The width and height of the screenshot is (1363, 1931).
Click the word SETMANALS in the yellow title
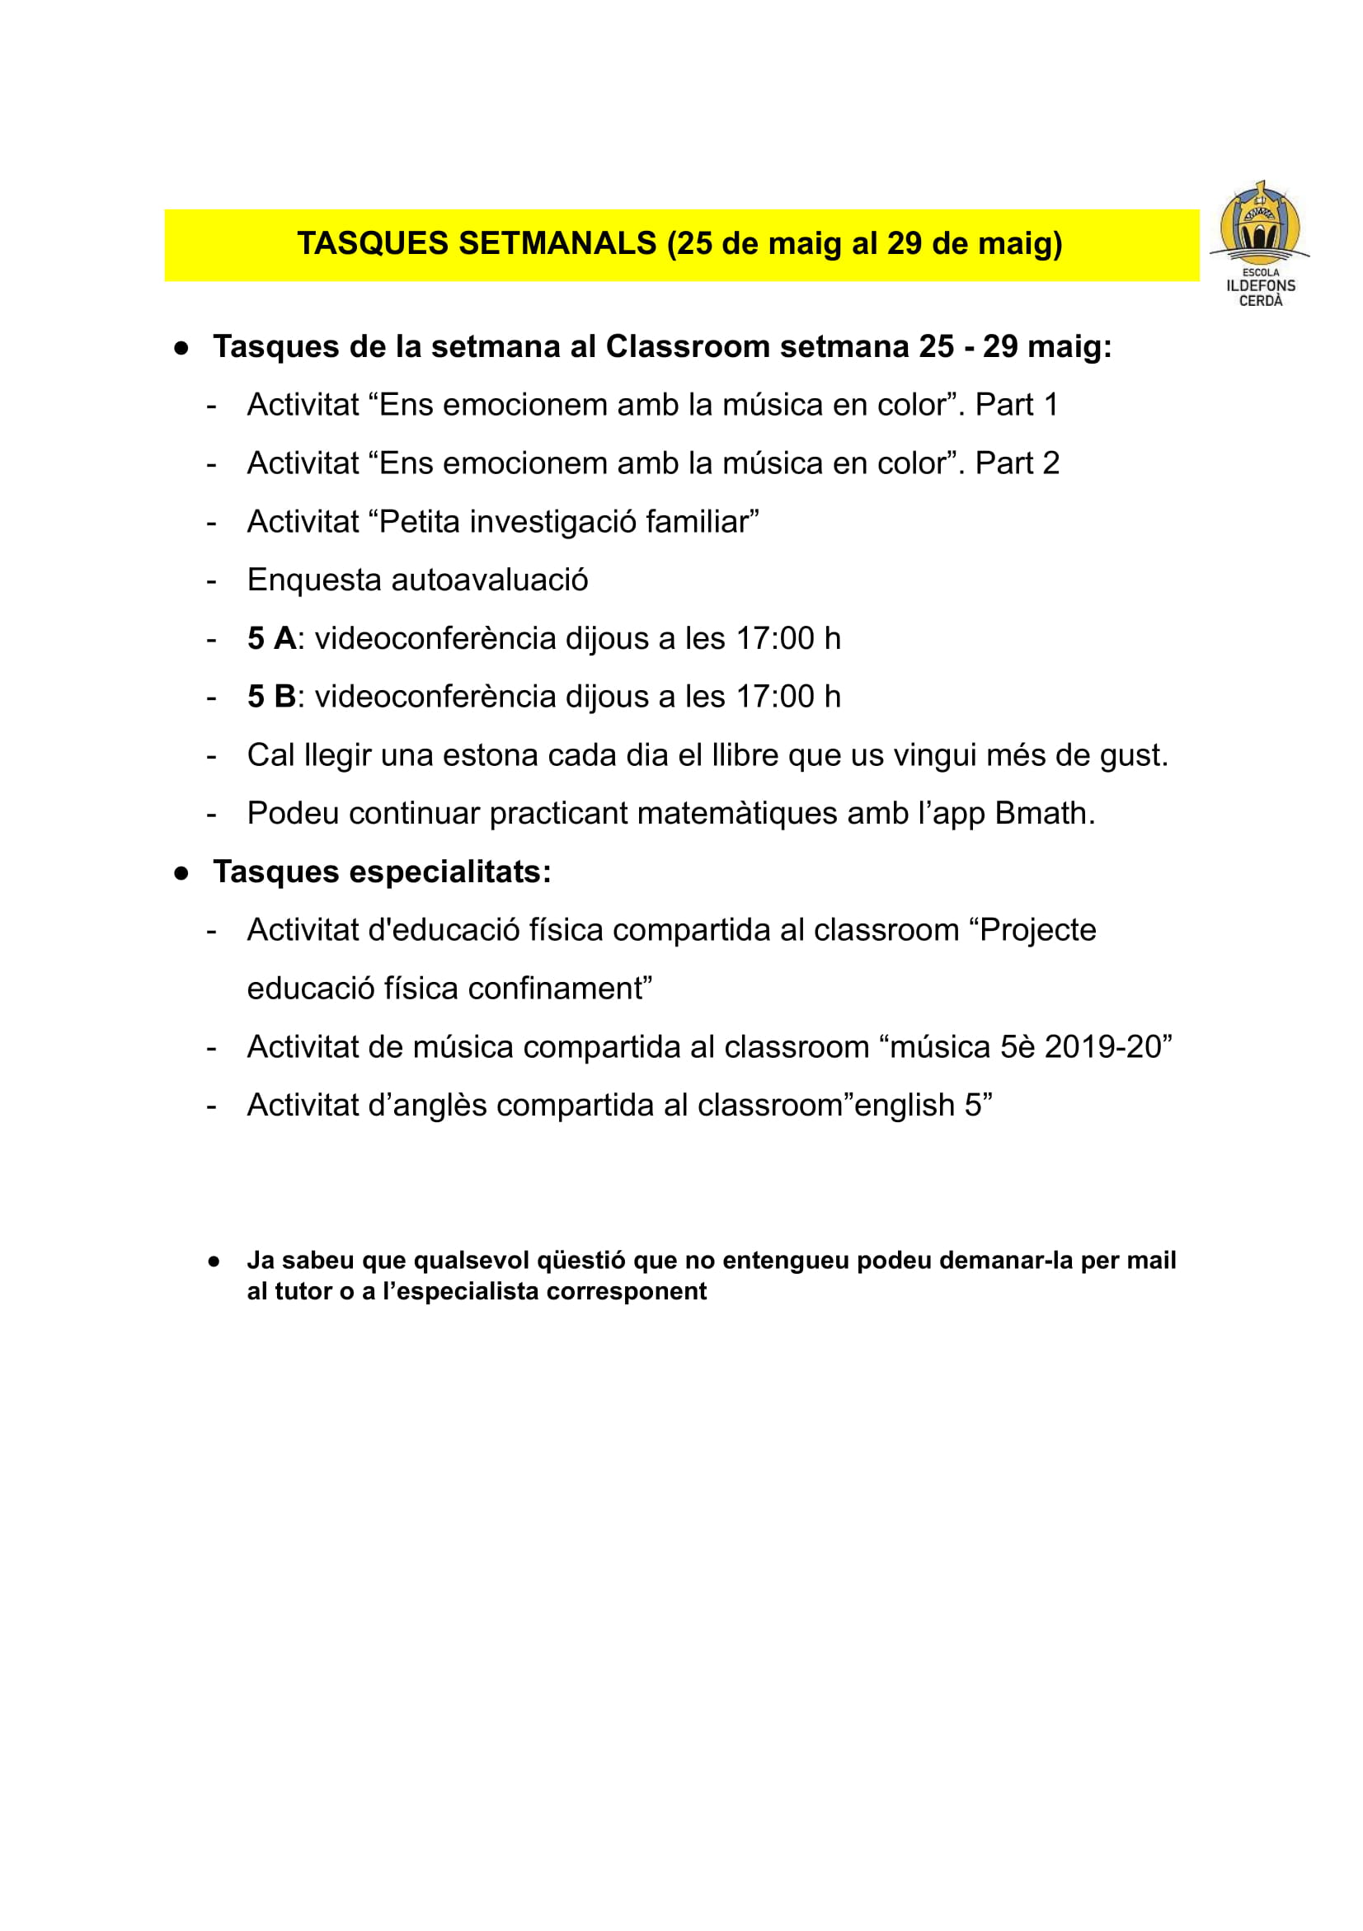click(557, 244)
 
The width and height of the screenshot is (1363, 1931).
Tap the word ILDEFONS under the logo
click(1260, 286)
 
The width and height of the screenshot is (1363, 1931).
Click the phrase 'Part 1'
click(1016, 406)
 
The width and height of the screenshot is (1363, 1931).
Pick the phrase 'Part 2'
click(1017, 463)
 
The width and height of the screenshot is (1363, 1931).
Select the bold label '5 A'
click(270, 639)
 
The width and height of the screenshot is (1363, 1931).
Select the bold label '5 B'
click(270, 698)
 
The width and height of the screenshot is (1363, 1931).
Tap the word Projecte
click(1036, 930)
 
